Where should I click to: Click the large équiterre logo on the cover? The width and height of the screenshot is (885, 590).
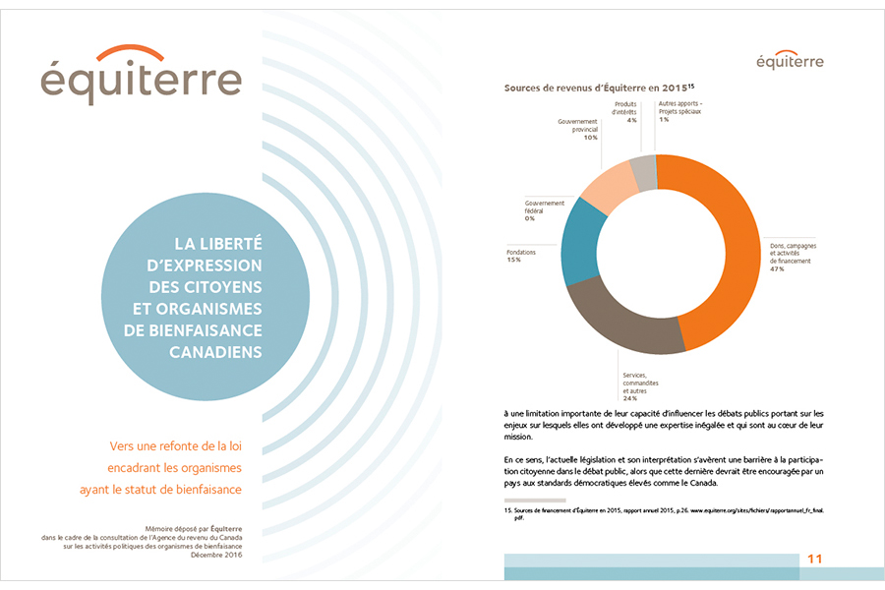pyautogui.click(x=142, y=77)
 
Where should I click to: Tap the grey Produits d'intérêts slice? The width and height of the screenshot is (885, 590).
pyautogui.click(x=642, y=172)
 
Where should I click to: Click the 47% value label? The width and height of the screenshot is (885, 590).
pyautogui.click(x=777, y=269)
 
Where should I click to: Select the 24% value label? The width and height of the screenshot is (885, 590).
pyautogui.click(x=629, y=398)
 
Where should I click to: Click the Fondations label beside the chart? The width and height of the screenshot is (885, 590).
pyautogui.click(x=521, y=252)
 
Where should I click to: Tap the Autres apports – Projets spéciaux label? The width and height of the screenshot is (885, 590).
pyautogui.click(x=680, y=107)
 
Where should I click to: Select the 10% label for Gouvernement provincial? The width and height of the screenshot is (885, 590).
pyautogui.click(x=590, y=138)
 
